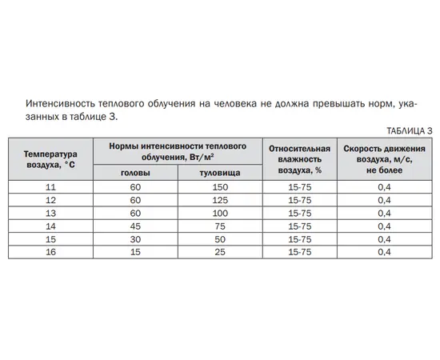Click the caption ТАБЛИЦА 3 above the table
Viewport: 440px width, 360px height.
(409, 130)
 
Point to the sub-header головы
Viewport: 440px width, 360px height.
(134, 173)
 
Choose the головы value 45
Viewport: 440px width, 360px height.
(134, 226)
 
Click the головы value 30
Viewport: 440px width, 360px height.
(134, 239)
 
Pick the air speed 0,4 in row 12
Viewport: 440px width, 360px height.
(384, 199)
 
